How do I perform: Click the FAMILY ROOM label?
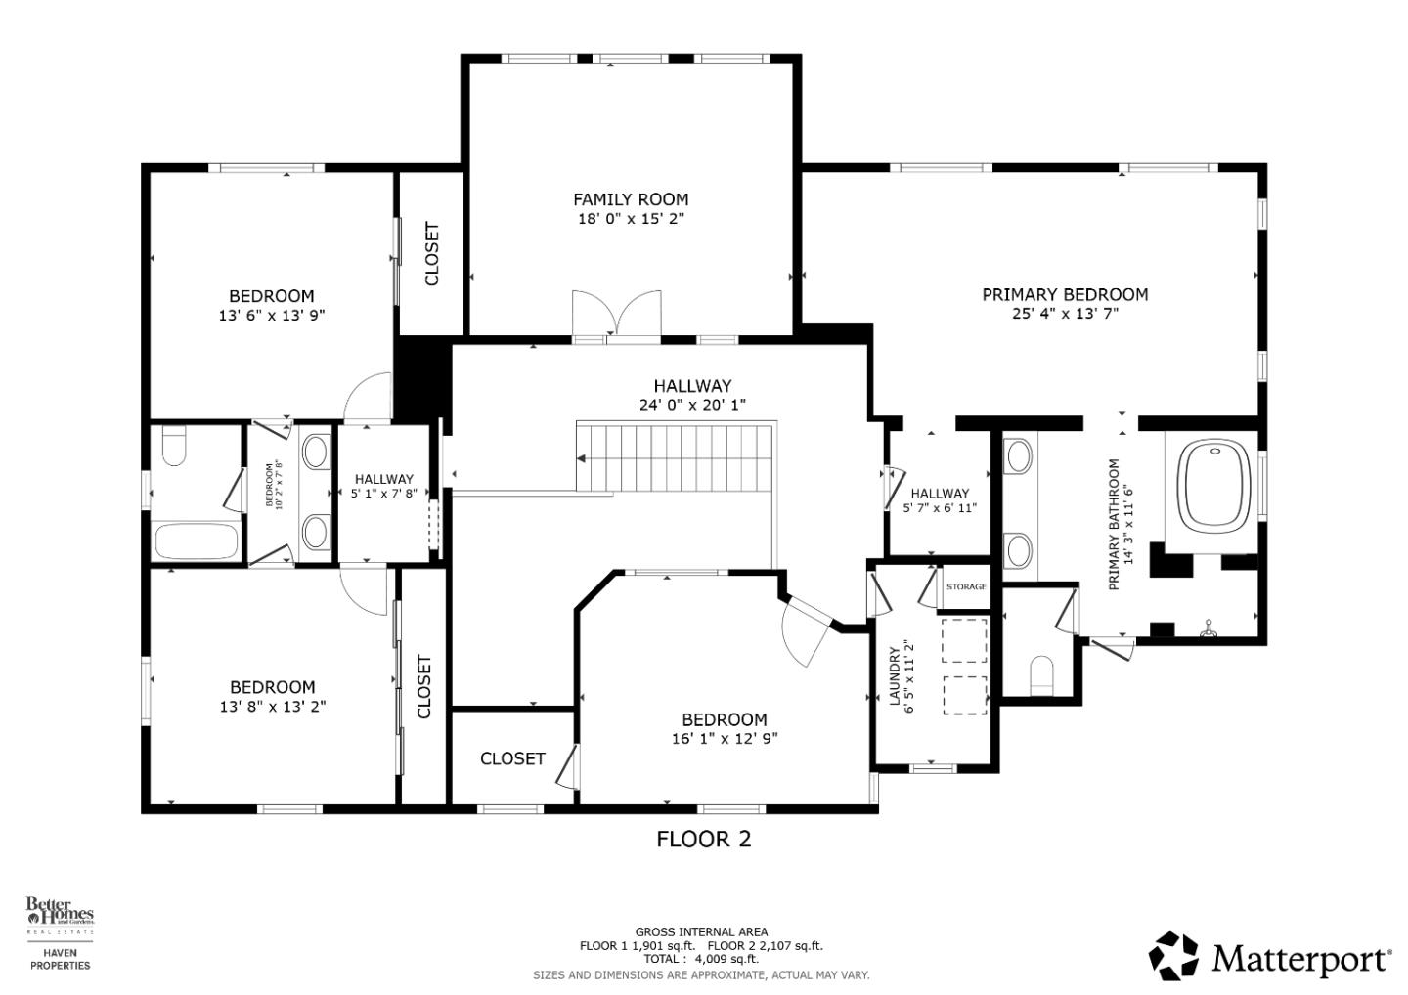tap(631, 199)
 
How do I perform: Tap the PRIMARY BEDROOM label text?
tap(1065, 294)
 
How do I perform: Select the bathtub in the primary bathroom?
tap(1216, 486)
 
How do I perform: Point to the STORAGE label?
tap(966, 586)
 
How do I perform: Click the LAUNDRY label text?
tap(894, 675)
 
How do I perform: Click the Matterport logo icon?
tap(1173, 955)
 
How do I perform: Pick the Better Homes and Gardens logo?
tap(59, 913)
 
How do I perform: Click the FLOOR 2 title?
tap(703, 839)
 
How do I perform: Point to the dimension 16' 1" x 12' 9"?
tap(725, 739)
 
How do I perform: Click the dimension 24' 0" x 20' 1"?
tap(692, 405)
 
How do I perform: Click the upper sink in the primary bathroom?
tap(1019, 455)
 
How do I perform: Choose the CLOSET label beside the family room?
tap(431, 254)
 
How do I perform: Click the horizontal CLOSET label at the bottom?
tap(512, 758)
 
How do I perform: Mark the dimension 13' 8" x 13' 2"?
tap(273, 706)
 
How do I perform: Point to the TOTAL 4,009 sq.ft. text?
tap(701, 959)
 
